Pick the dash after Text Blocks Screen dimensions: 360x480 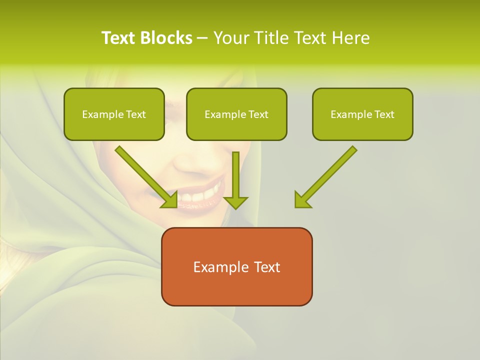click(x=202, y=38)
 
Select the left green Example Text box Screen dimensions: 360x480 click(x=114, y=114)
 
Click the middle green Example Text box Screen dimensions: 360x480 click(x=236, y=114)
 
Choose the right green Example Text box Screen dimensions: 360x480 click(x=362, y=114)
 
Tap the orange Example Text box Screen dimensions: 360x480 click(x=236, y=266)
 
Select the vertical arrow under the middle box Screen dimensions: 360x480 click(x=235, y=177)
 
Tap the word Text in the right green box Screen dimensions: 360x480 click(x=384, y=114)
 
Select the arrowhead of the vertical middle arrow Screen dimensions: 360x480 click(x=235, y=202)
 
